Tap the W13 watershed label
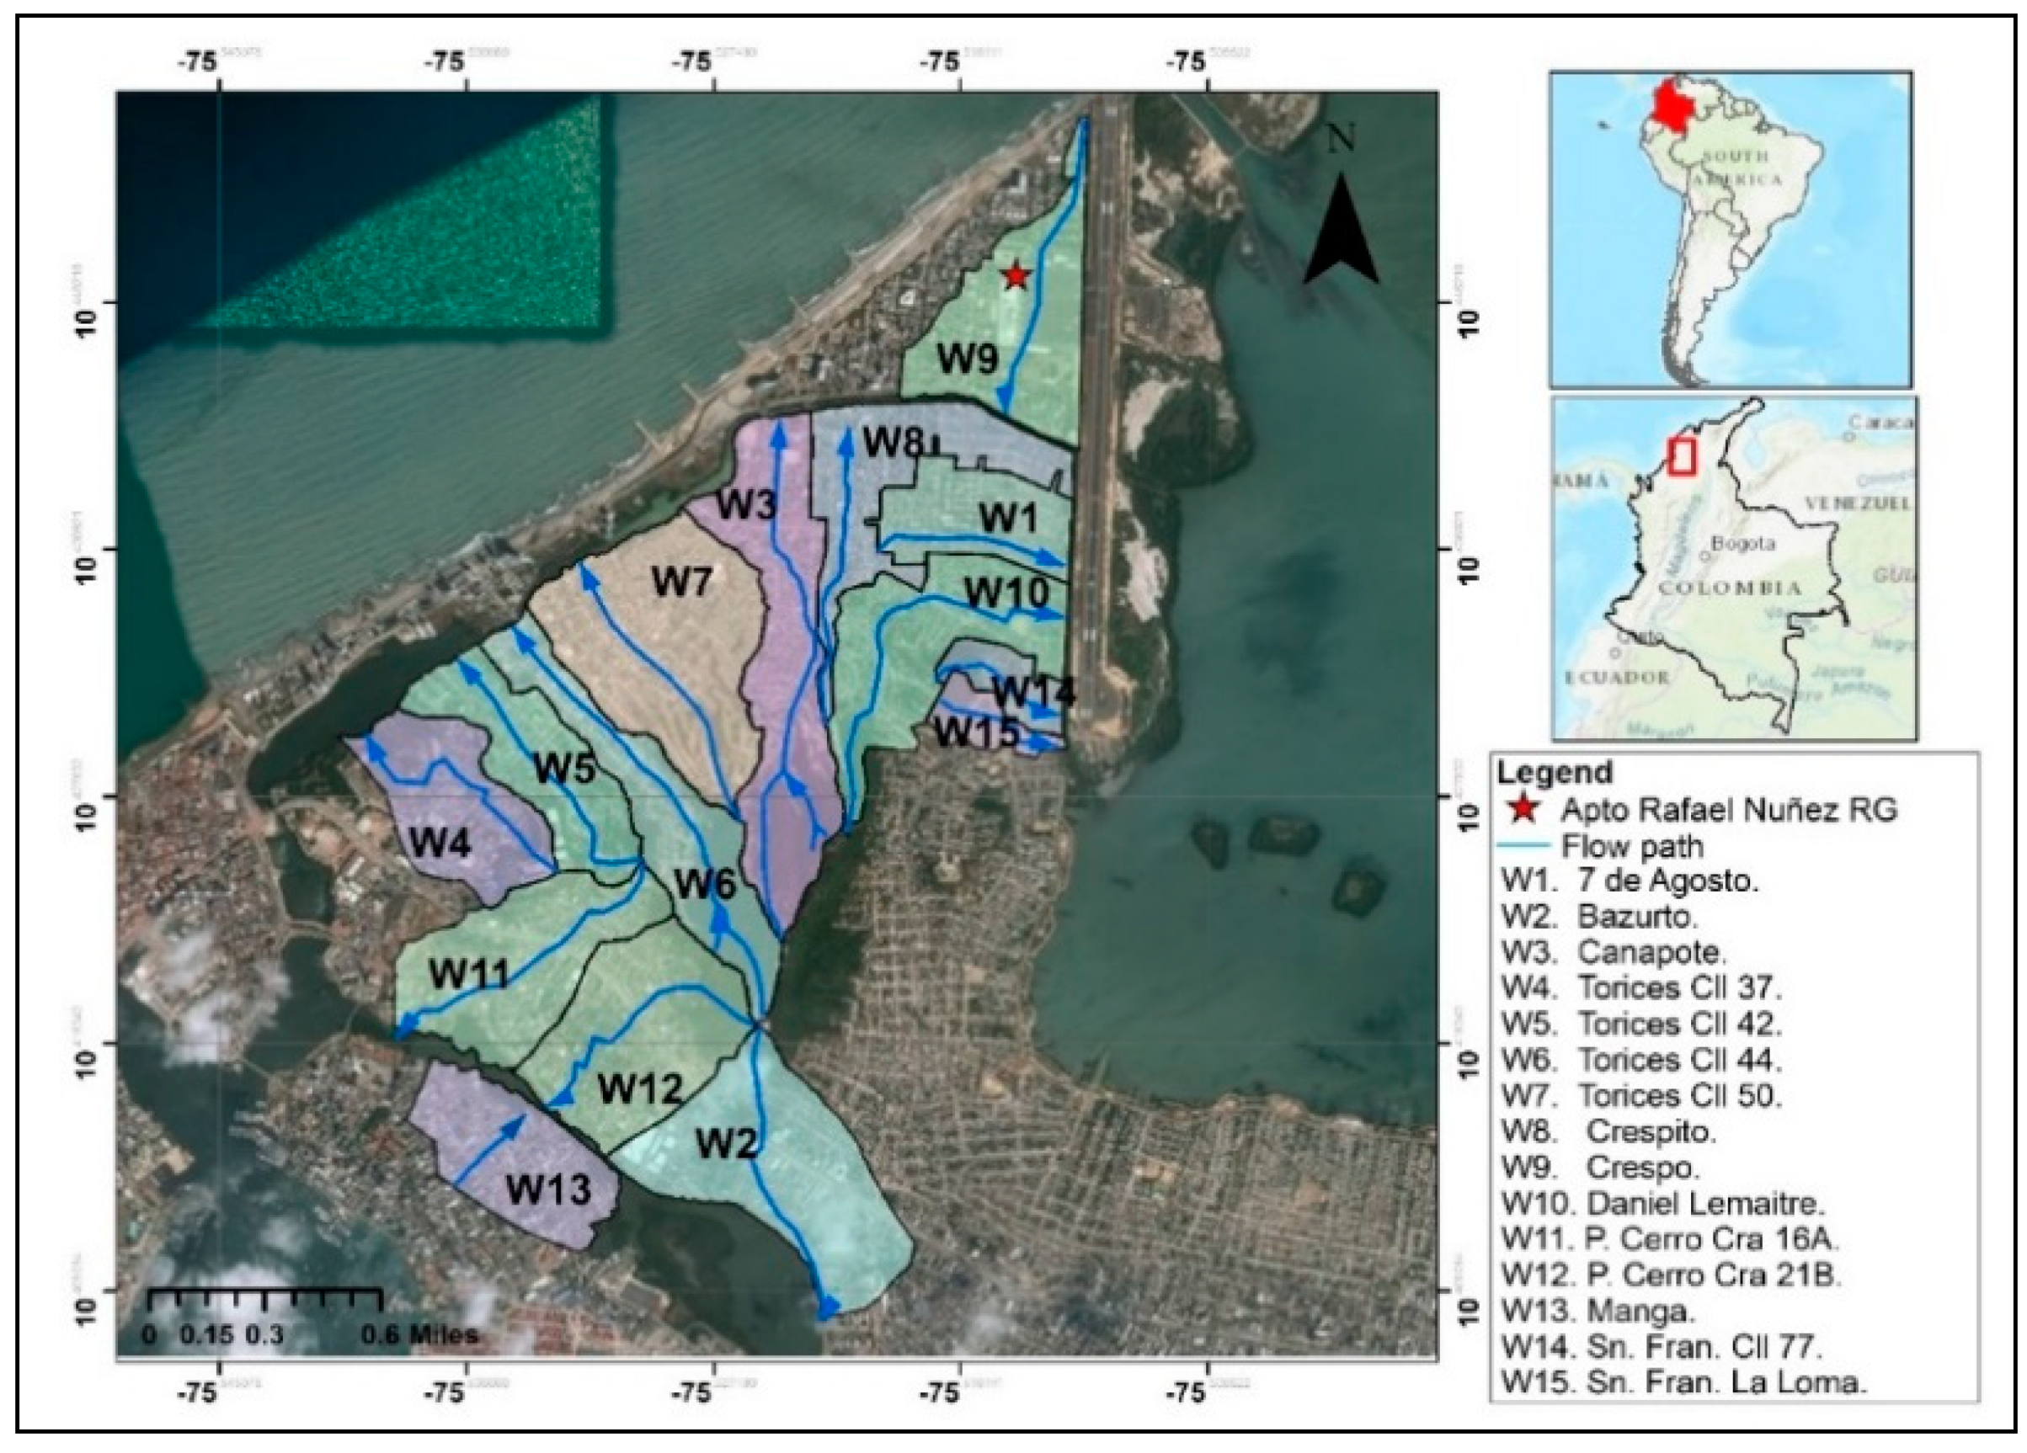click(x=548, y=1190)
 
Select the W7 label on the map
click(x=681, y=583)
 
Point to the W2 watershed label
click(x=727, y=1143)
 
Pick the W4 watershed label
click(x=440, y=843)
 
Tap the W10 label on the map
click(x=1005, y=593)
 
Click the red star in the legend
click(x=1523, y=810)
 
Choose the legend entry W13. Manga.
click(x=1598, y=1311)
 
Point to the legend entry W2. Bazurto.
click(x=1599, y=916)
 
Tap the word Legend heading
click(x=1555, y=772)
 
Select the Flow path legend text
click(x=1632, y=845)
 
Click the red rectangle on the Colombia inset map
click(x=1682, y=456)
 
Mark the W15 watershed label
click(x=976, y=733)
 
